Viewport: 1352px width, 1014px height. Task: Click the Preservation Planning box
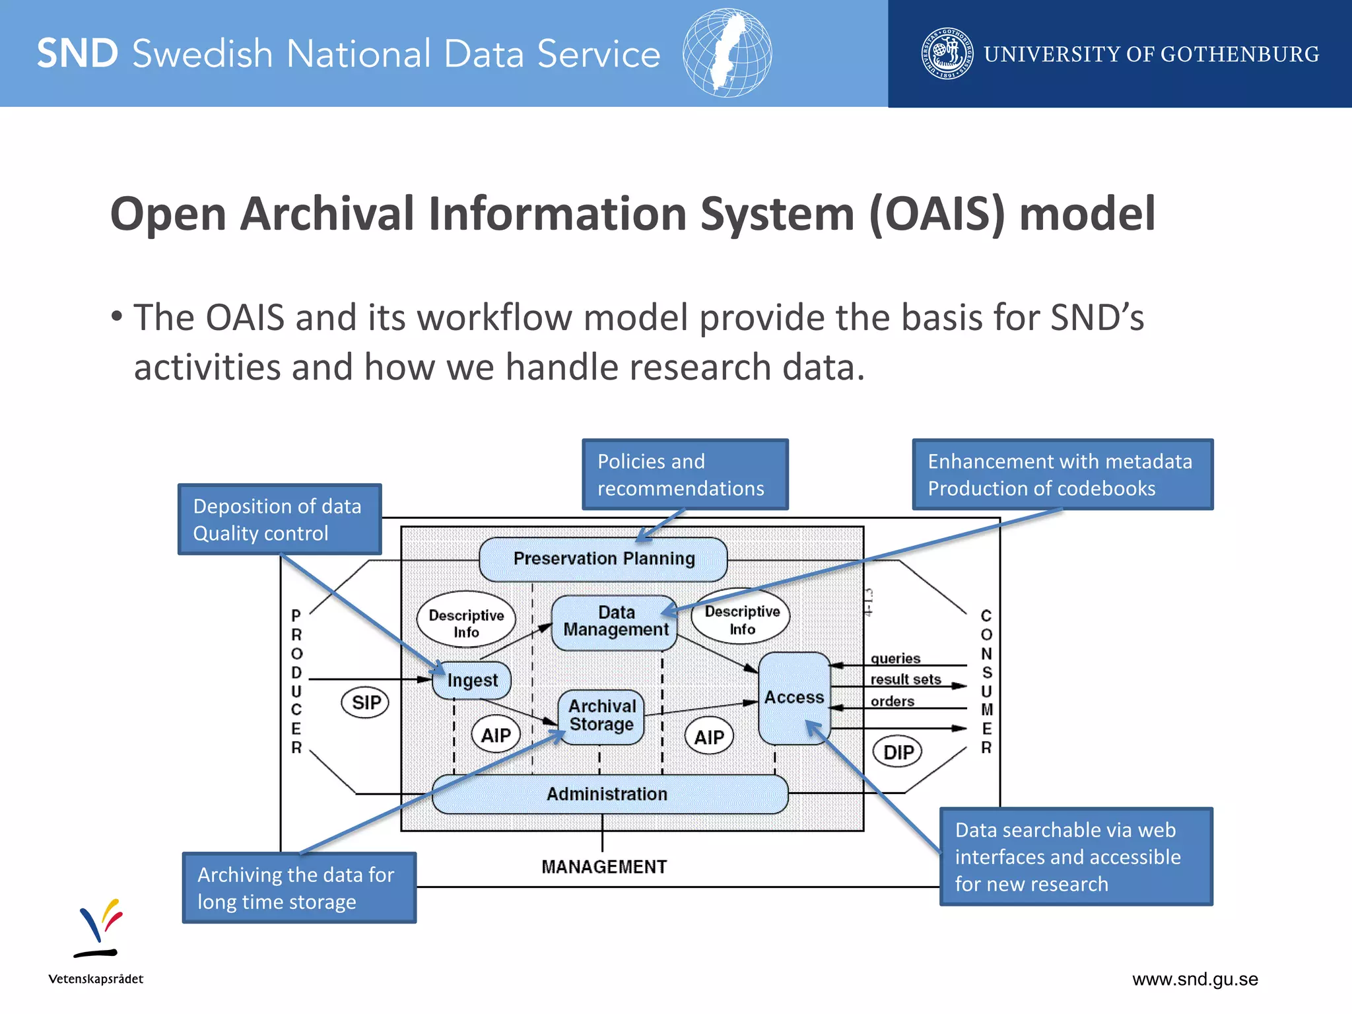603,559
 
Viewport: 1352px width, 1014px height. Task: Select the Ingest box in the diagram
471,681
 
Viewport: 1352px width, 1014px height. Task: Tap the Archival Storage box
601,716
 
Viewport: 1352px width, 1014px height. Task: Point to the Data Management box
615,622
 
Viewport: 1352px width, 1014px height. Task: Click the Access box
794,698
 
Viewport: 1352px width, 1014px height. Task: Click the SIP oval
365,702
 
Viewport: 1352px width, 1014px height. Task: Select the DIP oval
898,752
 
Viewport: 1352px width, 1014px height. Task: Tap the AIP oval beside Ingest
496,735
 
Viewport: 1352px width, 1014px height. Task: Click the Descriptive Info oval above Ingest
466,623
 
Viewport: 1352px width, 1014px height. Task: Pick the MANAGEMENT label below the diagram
604,867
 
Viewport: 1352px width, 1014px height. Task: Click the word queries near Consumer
895,658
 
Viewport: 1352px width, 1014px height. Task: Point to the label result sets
905,679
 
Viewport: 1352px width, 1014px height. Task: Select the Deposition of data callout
279,520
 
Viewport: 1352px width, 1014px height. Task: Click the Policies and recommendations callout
685,475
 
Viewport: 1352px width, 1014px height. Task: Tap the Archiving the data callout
298,888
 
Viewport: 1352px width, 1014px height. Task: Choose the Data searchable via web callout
1075,857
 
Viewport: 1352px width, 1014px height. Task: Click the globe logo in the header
727,53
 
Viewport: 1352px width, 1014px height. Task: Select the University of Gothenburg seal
947,53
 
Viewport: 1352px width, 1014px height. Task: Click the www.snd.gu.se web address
1195,979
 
